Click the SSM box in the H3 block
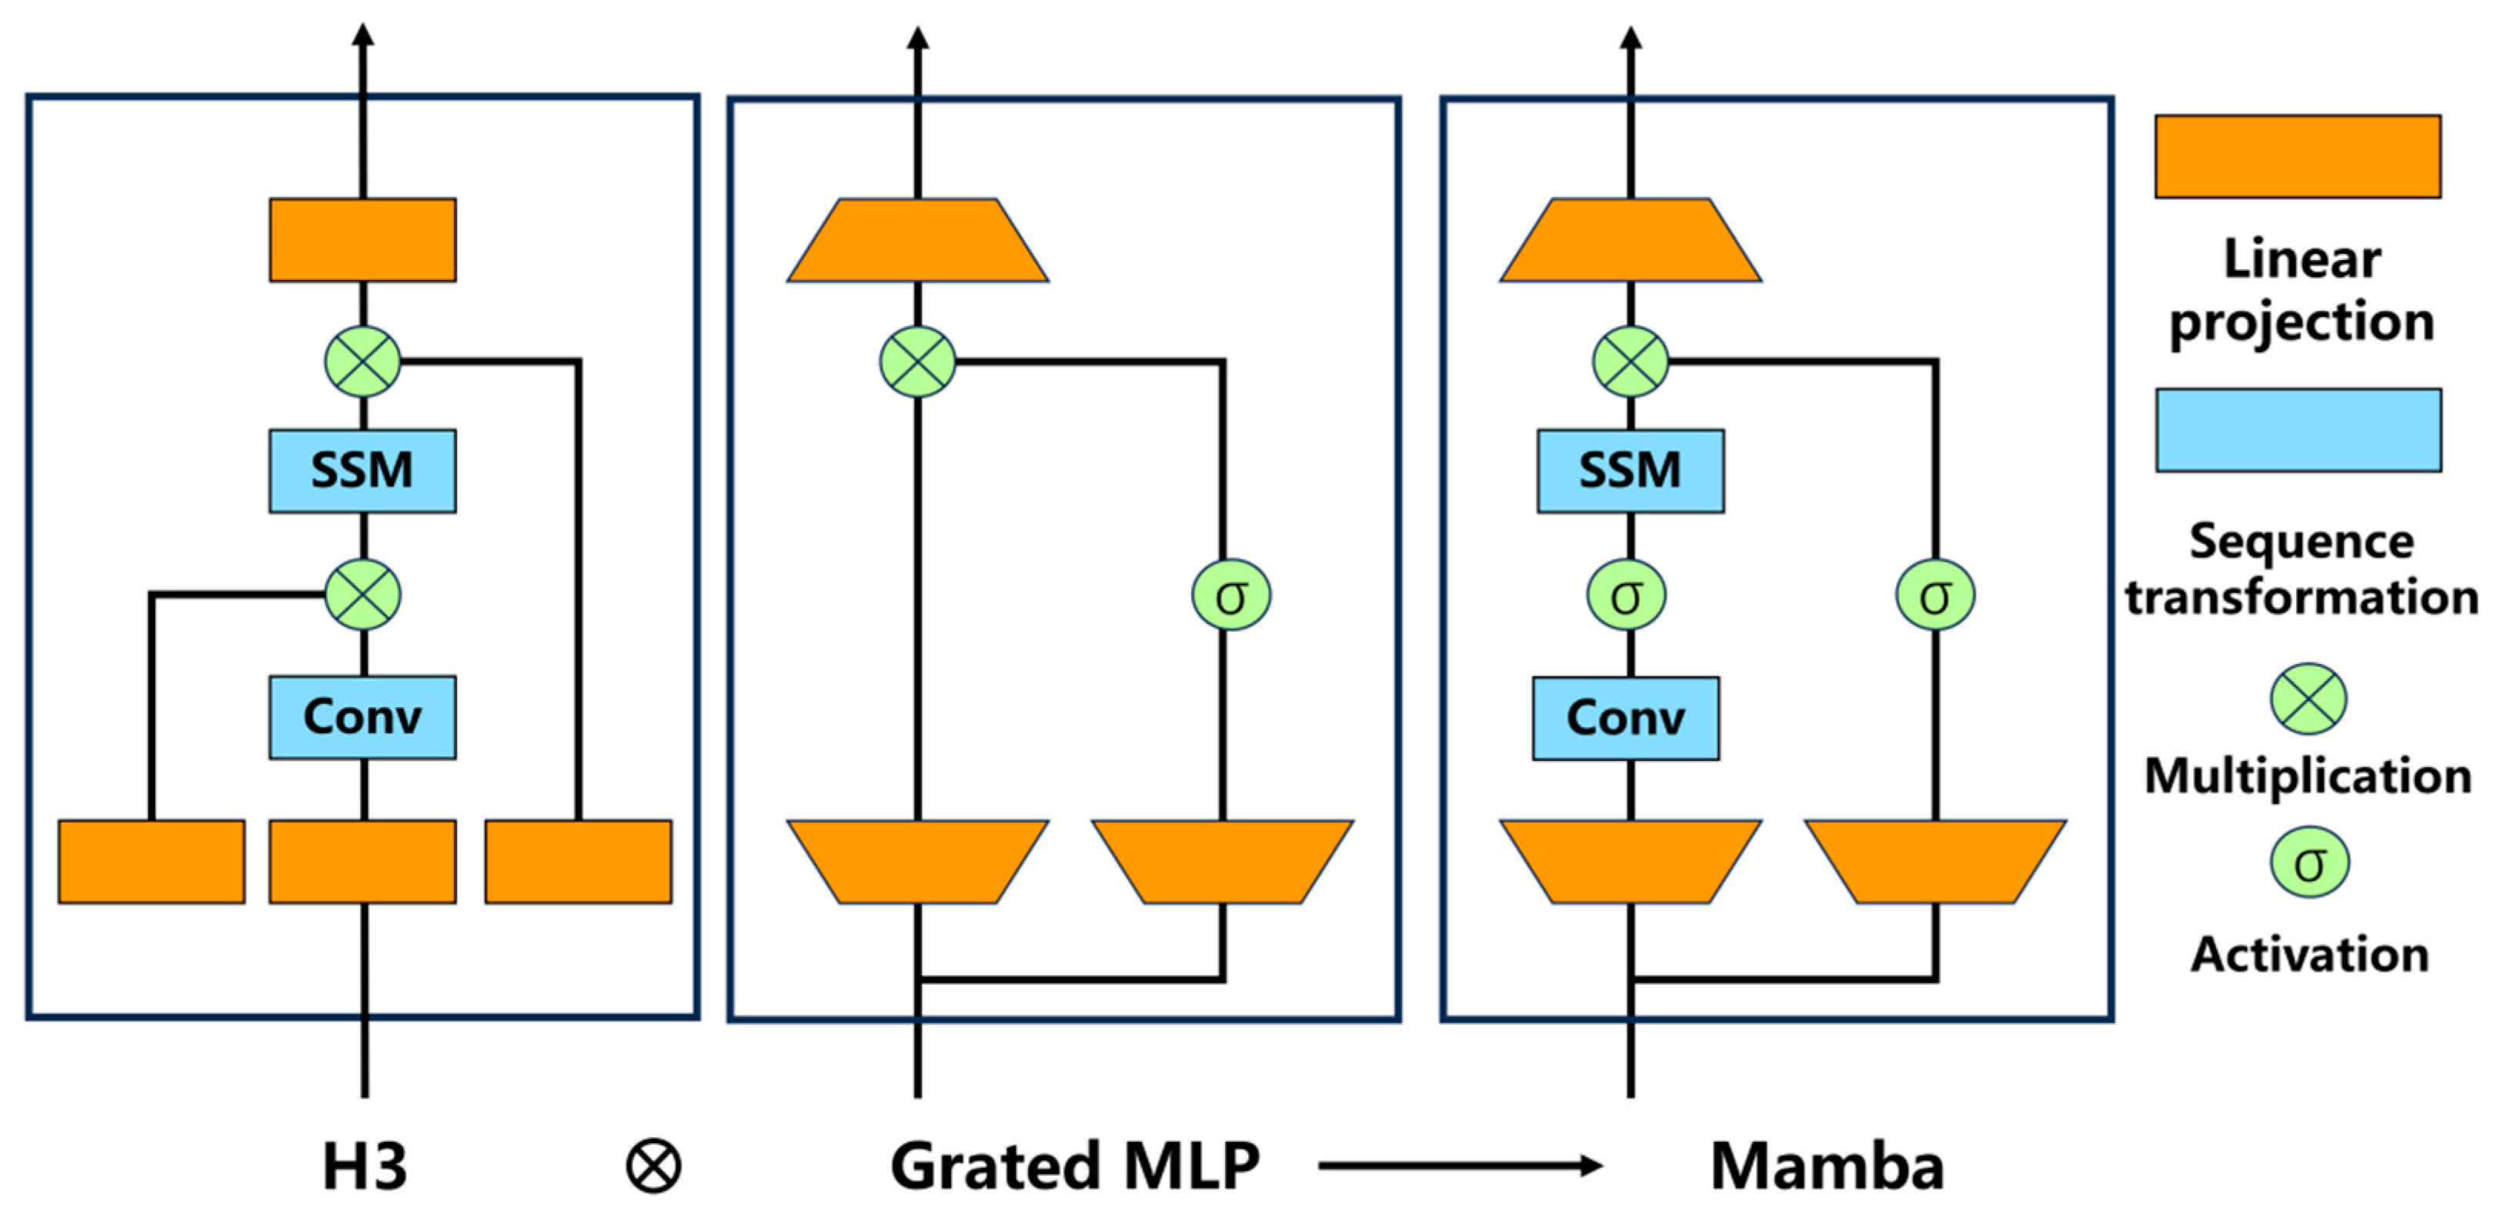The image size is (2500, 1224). coord(362,471)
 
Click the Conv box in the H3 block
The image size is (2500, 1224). coord(362,717)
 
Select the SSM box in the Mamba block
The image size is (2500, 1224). coord(1630,471)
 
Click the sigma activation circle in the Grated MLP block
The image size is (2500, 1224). coord(1230,595)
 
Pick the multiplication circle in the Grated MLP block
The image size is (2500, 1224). coord(917,362)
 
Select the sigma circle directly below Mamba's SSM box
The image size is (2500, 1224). coord(1627,595)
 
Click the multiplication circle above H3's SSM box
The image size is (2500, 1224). coord(362,362)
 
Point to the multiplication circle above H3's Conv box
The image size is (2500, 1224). coord(362,595)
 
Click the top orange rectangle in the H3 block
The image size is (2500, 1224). coord(362,241)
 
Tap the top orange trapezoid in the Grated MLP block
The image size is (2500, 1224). coord(917,241)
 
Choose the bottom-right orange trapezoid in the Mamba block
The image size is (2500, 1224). coord(1935,862)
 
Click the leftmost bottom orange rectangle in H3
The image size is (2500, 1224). coord(152,862)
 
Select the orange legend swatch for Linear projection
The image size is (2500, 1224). coord(2297,156)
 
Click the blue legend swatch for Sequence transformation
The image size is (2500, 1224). coord(2297,430)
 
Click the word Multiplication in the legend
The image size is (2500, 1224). coord(2307,775)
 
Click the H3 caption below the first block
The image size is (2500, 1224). coord(364,1166)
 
